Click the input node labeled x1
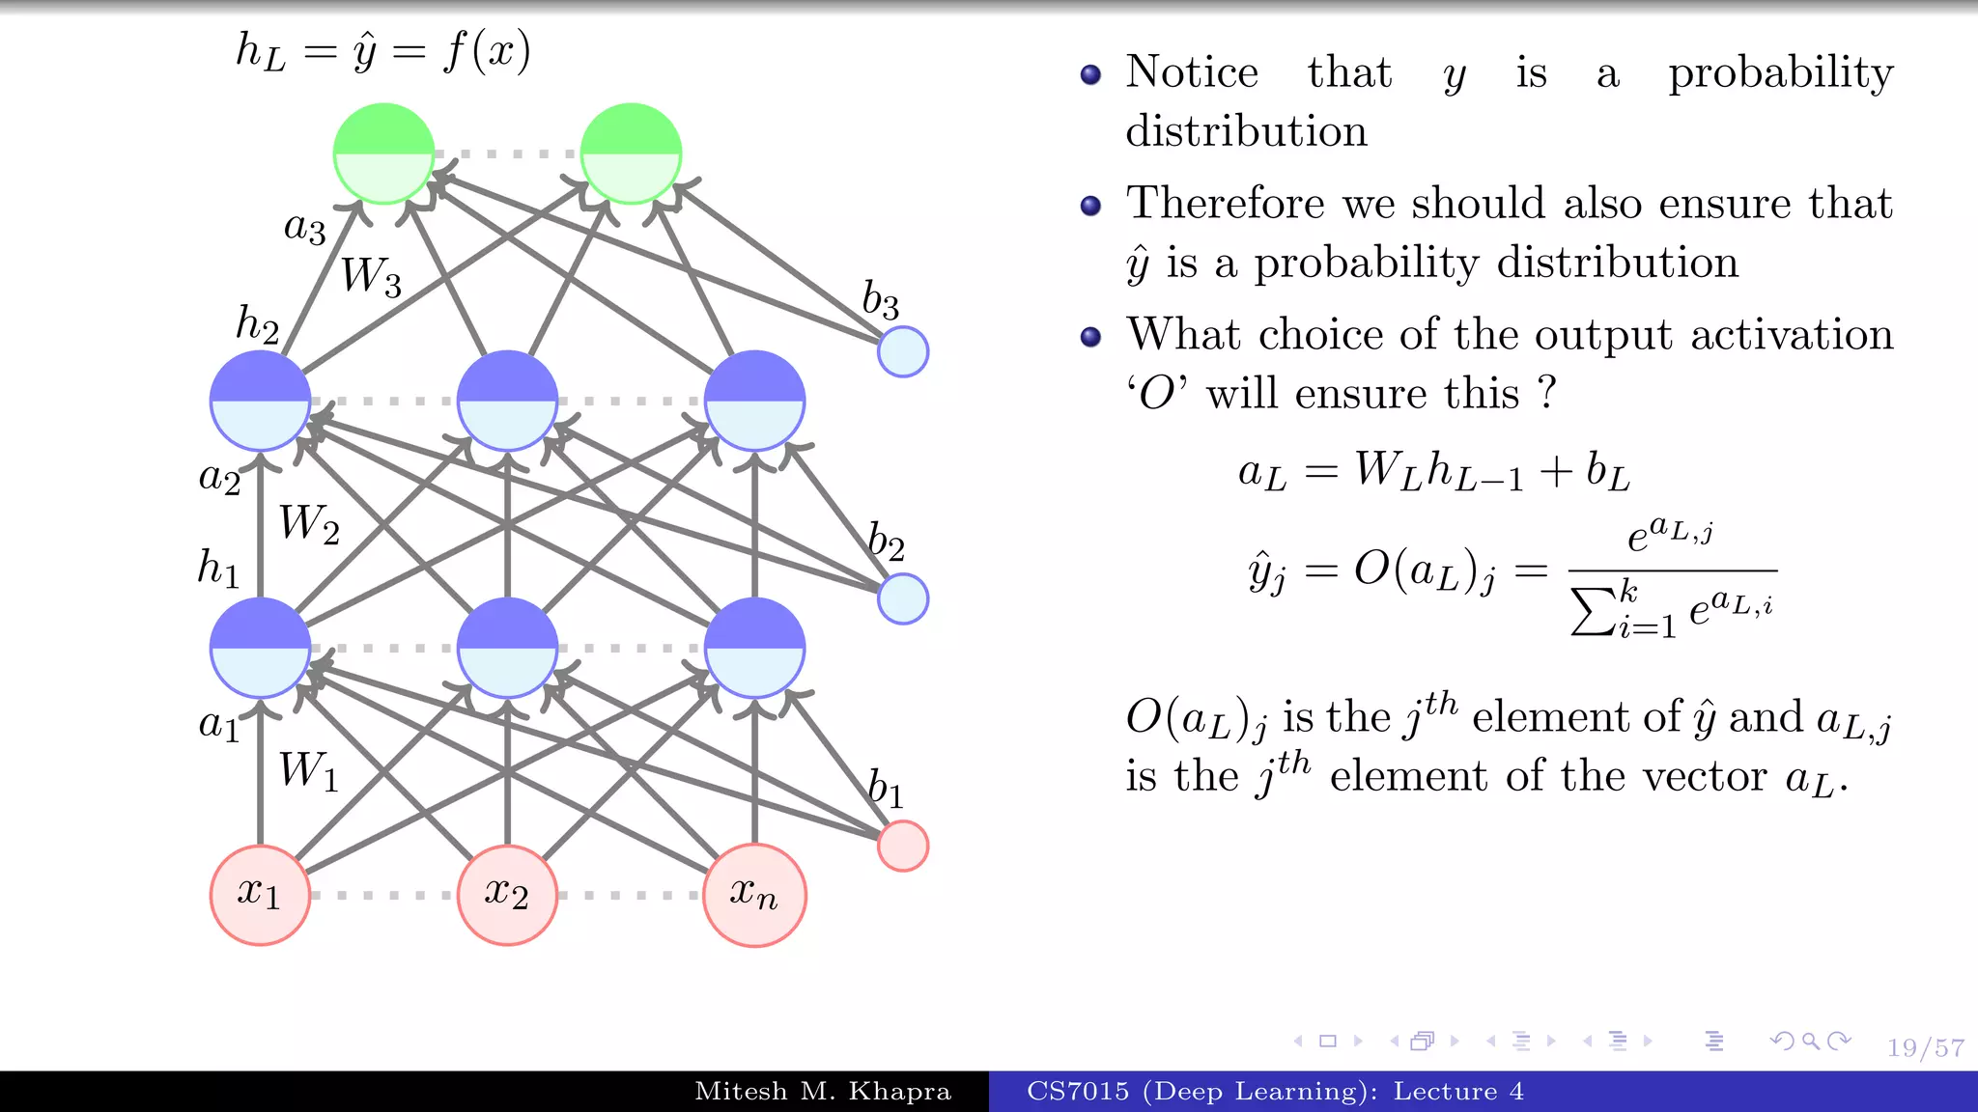tap(260, 895)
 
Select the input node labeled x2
tap(507, 895)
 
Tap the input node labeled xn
tap(754, 895)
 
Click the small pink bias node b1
tap(903, 846)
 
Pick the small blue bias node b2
tap(903, 598)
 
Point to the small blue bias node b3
tap(903, 351)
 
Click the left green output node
tap(383, 153)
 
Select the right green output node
tap(631, 153)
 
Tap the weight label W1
tap(309, 771)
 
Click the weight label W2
tap(309, 524)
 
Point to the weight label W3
tap(371, 277)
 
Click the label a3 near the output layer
tap(304, 227)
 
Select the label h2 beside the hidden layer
tap(257, 323)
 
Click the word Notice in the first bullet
tap(1192, 72)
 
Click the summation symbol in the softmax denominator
tap(1592, 612)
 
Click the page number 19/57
tap(1925, 1047)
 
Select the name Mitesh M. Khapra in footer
tap(823, 1092)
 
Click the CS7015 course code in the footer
tap(1078, 1092)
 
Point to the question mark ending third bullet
tap(1547, 393)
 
